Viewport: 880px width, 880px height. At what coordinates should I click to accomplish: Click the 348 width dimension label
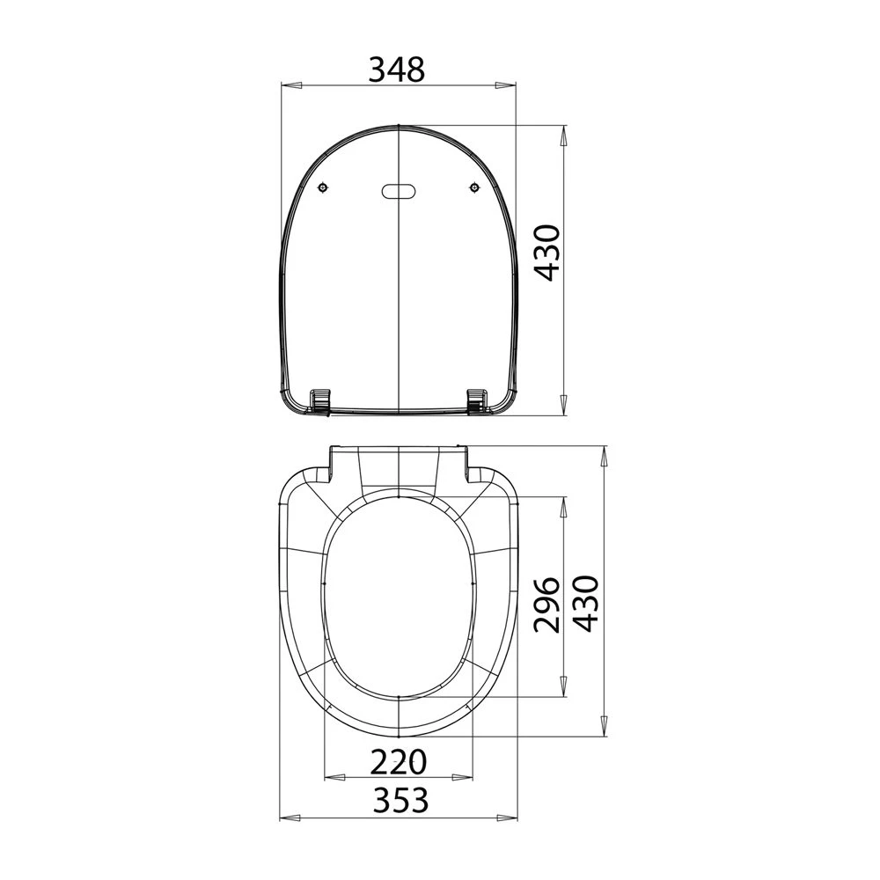(x=398, y=70)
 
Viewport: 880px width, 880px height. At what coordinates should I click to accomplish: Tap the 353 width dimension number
(x=400, y=799)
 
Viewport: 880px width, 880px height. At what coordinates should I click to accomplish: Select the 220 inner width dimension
(x=399, y=762)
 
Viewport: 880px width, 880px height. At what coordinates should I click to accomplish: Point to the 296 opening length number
(x=546, y=605)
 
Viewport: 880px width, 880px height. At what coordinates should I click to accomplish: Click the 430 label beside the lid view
(x=546, y=253)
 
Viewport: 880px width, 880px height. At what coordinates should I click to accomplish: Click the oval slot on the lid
(x=399, y=191)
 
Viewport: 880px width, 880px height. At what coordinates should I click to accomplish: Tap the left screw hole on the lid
(x=322, y=187)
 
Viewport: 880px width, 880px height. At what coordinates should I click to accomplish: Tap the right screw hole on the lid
(x=475, y=187)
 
